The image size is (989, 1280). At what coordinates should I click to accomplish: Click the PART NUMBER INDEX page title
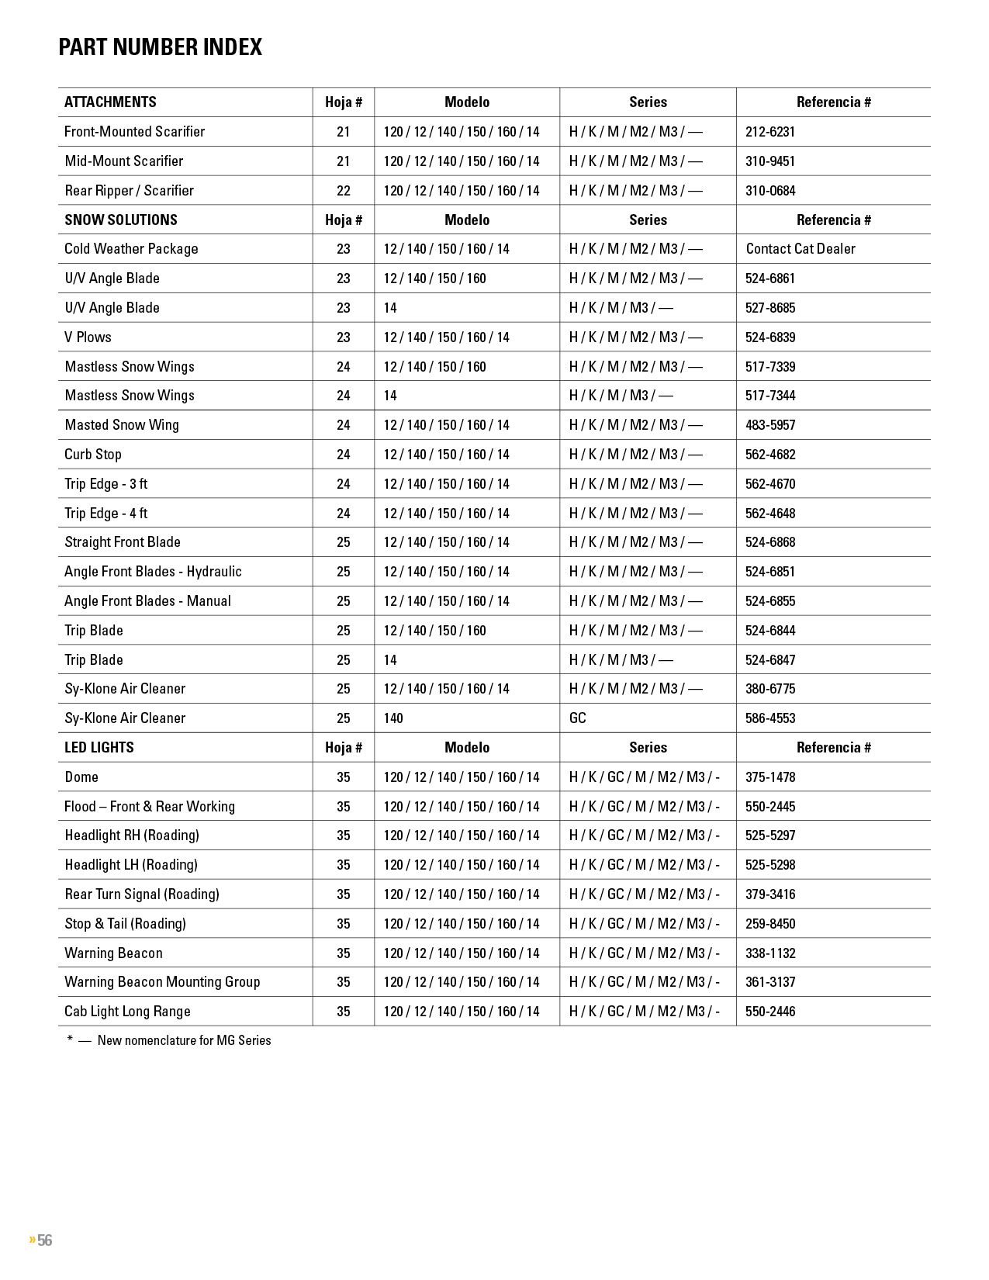click(x=160, y=47)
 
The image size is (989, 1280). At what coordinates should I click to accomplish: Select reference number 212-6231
click(x=769, y=132)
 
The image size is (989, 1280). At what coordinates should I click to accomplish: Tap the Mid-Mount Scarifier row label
click(x=124, y=161)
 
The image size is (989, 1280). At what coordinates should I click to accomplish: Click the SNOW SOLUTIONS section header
click(x=121, y=220)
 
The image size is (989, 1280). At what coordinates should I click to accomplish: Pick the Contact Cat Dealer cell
click(x=801, y=249)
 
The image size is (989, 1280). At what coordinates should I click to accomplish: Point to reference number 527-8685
click(x=769, y=308)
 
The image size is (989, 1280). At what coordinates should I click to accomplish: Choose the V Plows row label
click(x=88, y=337)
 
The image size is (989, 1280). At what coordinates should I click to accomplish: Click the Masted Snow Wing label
click(x=122, y=425)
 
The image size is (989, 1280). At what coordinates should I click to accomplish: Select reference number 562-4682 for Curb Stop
click(x=769, y=455)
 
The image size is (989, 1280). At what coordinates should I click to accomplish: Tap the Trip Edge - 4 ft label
click(x=105, y=514)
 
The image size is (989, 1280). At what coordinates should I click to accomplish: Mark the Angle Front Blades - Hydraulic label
click(x=153, y=572)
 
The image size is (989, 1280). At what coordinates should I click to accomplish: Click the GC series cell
click(x=578, y=718)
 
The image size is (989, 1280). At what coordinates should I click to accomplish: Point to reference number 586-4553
click(x=769, y=718)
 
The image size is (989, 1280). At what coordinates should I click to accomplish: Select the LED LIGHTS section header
click(x=99, y=748)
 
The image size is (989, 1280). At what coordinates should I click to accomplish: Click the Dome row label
click(x=81, y=777)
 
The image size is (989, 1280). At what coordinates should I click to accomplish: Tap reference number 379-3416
click(x=769, y=894)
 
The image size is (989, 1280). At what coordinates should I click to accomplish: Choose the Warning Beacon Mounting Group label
click(x=162, y=982)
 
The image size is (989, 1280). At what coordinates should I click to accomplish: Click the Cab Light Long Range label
click(x=127, y=1012)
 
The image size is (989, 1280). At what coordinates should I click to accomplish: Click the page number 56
click(x=44, y=1240)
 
